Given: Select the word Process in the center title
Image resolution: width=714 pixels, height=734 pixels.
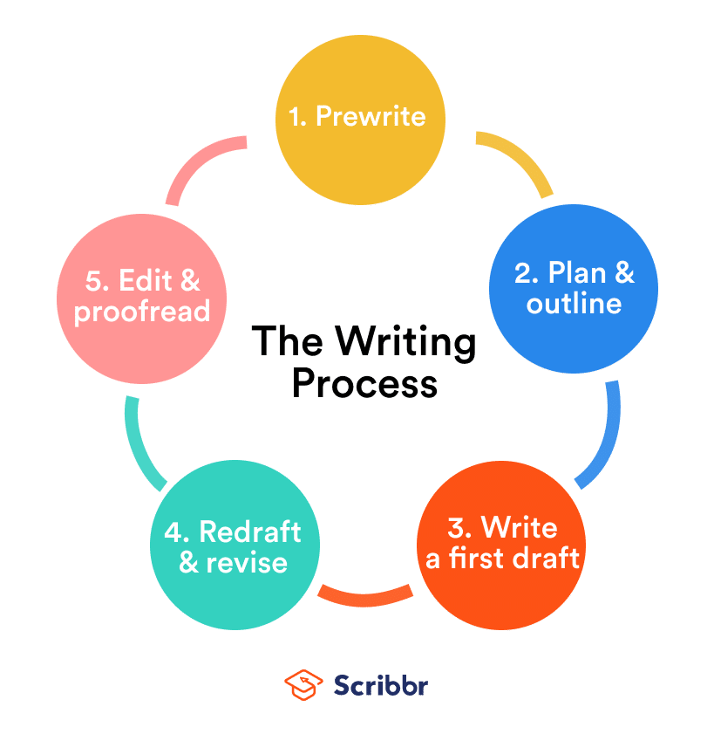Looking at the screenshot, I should coord(364,383).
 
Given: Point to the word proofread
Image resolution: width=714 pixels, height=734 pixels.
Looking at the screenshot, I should coord(142,311).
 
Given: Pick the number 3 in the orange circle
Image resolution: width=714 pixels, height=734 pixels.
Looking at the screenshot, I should coord(459,528).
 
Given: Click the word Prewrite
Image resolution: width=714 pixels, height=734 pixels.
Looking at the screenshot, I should coord(371,116).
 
